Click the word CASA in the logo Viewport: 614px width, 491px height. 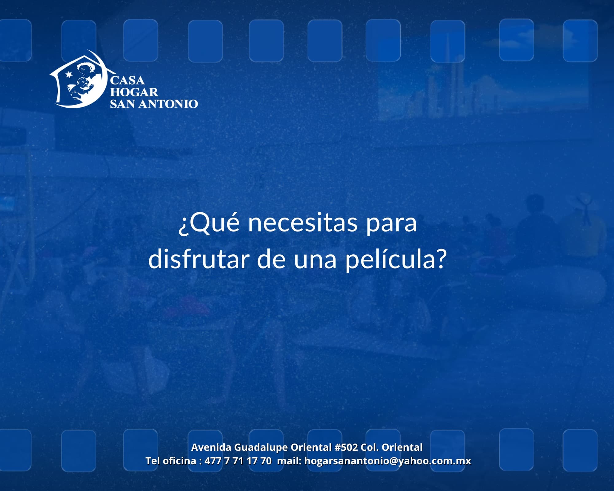(x=127, y=81)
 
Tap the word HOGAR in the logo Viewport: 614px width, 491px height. (x=134, y=92)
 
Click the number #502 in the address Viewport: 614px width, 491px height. (x=346, y=447)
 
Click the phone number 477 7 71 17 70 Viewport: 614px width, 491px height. (x=238, y=461)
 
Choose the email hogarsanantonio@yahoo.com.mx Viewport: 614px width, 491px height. (x=387, y=461)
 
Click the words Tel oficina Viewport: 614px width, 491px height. (x=171, y=461)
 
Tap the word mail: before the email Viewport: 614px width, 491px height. (x=289, y=461)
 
